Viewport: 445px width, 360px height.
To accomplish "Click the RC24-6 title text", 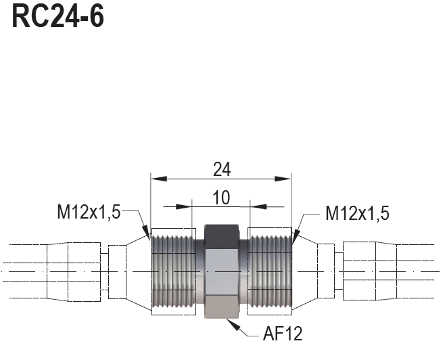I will [58, 18].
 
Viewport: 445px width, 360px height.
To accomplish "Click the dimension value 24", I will [221, 170].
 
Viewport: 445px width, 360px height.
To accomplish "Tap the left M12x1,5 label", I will [88, 212].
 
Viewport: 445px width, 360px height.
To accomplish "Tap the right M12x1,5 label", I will [357, 214].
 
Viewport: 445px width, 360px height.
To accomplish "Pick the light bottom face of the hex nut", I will [221, 309].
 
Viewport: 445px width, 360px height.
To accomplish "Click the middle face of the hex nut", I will [221, 271].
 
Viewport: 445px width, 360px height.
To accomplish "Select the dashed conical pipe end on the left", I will [128, 271].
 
